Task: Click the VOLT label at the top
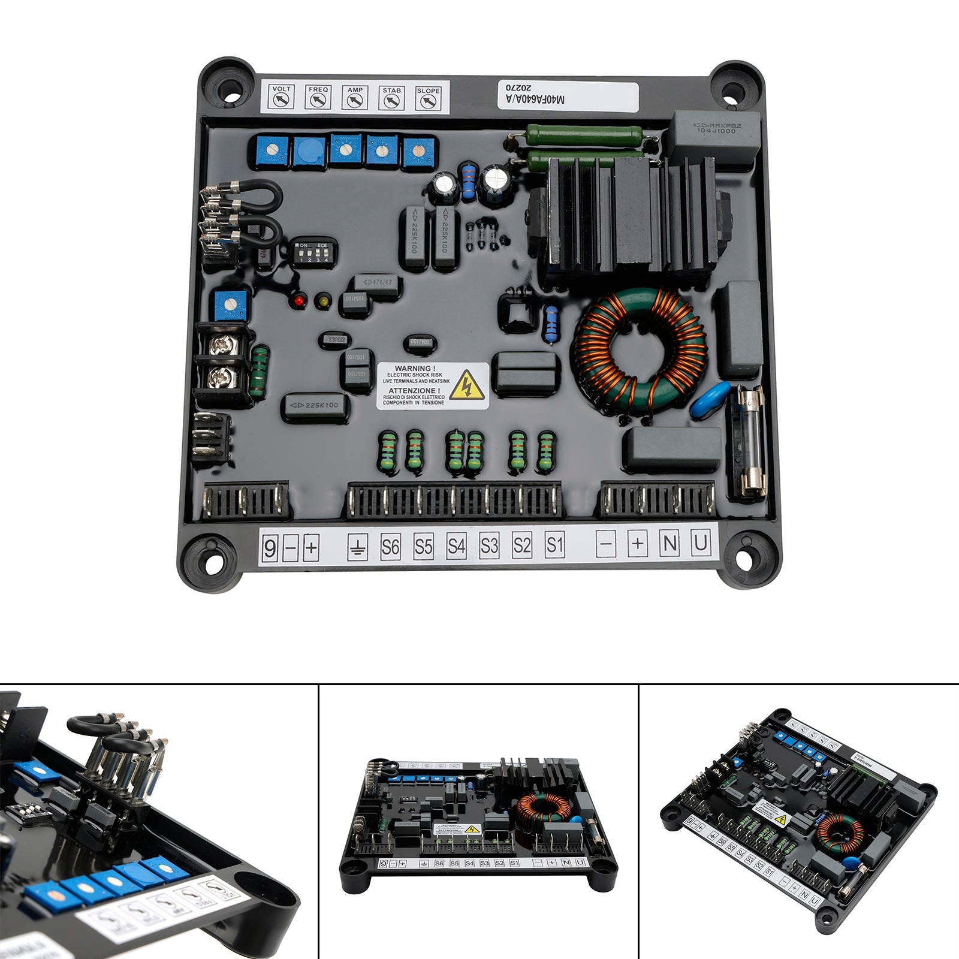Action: point(281,96)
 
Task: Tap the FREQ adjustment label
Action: point(318,96)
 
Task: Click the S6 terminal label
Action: point(390,547)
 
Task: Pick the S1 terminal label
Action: point(555,545)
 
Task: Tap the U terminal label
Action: point(700,544)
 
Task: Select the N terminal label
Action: point(670,544)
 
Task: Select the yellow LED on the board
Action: point(324,300)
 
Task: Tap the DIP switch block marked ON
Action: point(314,253)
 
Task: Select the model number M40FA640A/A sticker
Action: point(568,95)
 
